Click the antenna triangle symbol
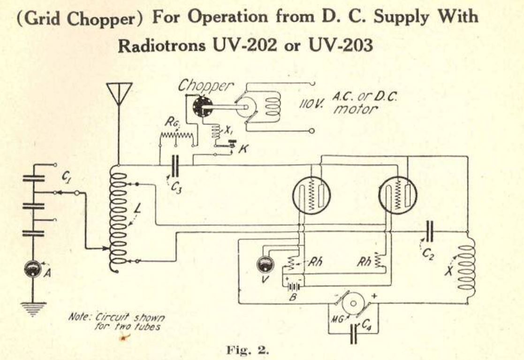(x=119, y=93)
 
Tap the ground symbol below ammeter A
(x=33, y=309)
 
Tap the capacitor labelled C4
(x=354, y=333)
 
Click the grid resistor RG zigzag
(x=176, y=135)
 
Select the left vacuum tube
(x=311, y=195)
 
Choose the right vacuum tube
(x=398, y=196)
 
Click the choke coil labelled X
(x=467, y=268)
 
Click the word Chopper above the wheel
(x=205, y=86)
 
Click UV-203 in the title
(x=341, y=45)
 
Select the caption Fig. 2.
(x=248, y=350)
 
